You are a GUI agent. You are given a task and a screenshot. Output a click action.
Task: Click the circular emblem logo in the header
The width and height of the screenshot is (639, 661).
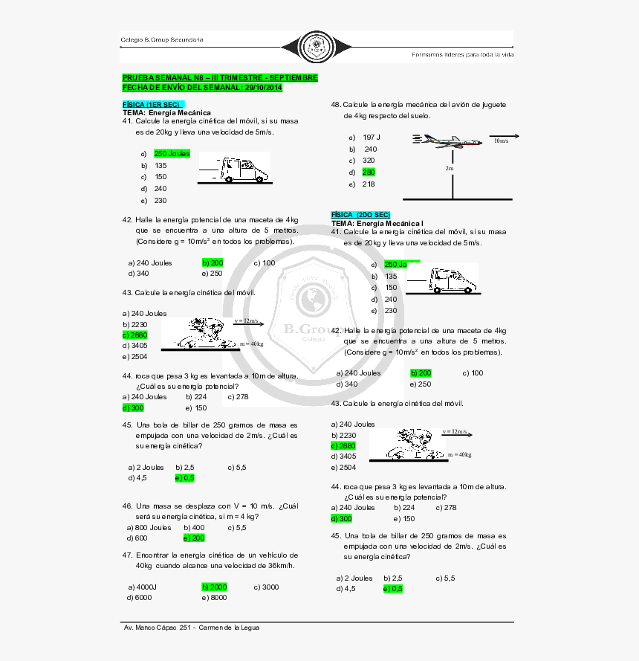(315, 45)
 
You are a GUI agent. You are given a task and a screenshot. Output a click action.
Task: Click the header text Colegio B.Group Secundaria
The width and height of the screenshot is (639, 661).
(162, 39)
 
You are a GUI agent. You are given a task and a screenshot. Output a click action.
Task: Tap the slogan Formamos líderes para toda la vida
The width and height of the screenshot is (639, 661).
(462, 54)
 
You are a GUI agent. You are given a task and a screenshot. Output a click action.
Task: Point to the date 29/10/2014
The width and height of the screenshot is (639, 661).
(263, 88)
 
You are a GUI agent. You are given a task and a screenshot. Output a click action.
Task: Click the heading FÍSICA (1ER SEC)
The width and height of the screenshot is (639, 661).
(152, 104)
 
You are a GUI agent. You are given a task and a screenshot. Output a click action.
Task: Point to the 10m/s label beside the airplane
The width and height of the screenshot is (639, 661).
(501, 141)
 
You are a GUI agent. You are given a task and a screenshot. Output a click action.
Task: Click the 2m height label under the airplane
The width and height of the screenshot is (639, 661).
(450, 169)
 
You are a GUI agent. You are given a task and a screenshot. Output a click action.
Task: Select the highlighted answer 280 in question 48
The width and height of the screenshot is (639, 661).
(369, 172)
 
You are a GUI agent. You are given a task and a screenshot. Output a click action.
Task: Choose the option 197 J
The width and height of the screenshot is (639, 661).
(371, 137)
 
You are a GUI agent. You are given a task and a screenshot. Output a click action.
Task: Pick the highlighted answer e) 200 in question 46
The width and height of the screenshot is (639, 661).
(194, 538)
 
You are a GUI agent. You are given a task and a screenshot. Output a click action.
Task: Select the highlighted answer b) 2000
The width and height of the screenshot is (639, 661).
(214, 587)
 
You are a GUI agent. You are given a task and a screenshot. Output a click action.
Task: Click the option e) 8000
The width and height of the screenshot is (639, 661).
(214, 597)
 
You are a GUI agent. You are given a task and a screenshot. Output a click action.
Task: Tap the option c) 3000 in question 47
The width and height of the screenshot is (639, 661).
(266, 587)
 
